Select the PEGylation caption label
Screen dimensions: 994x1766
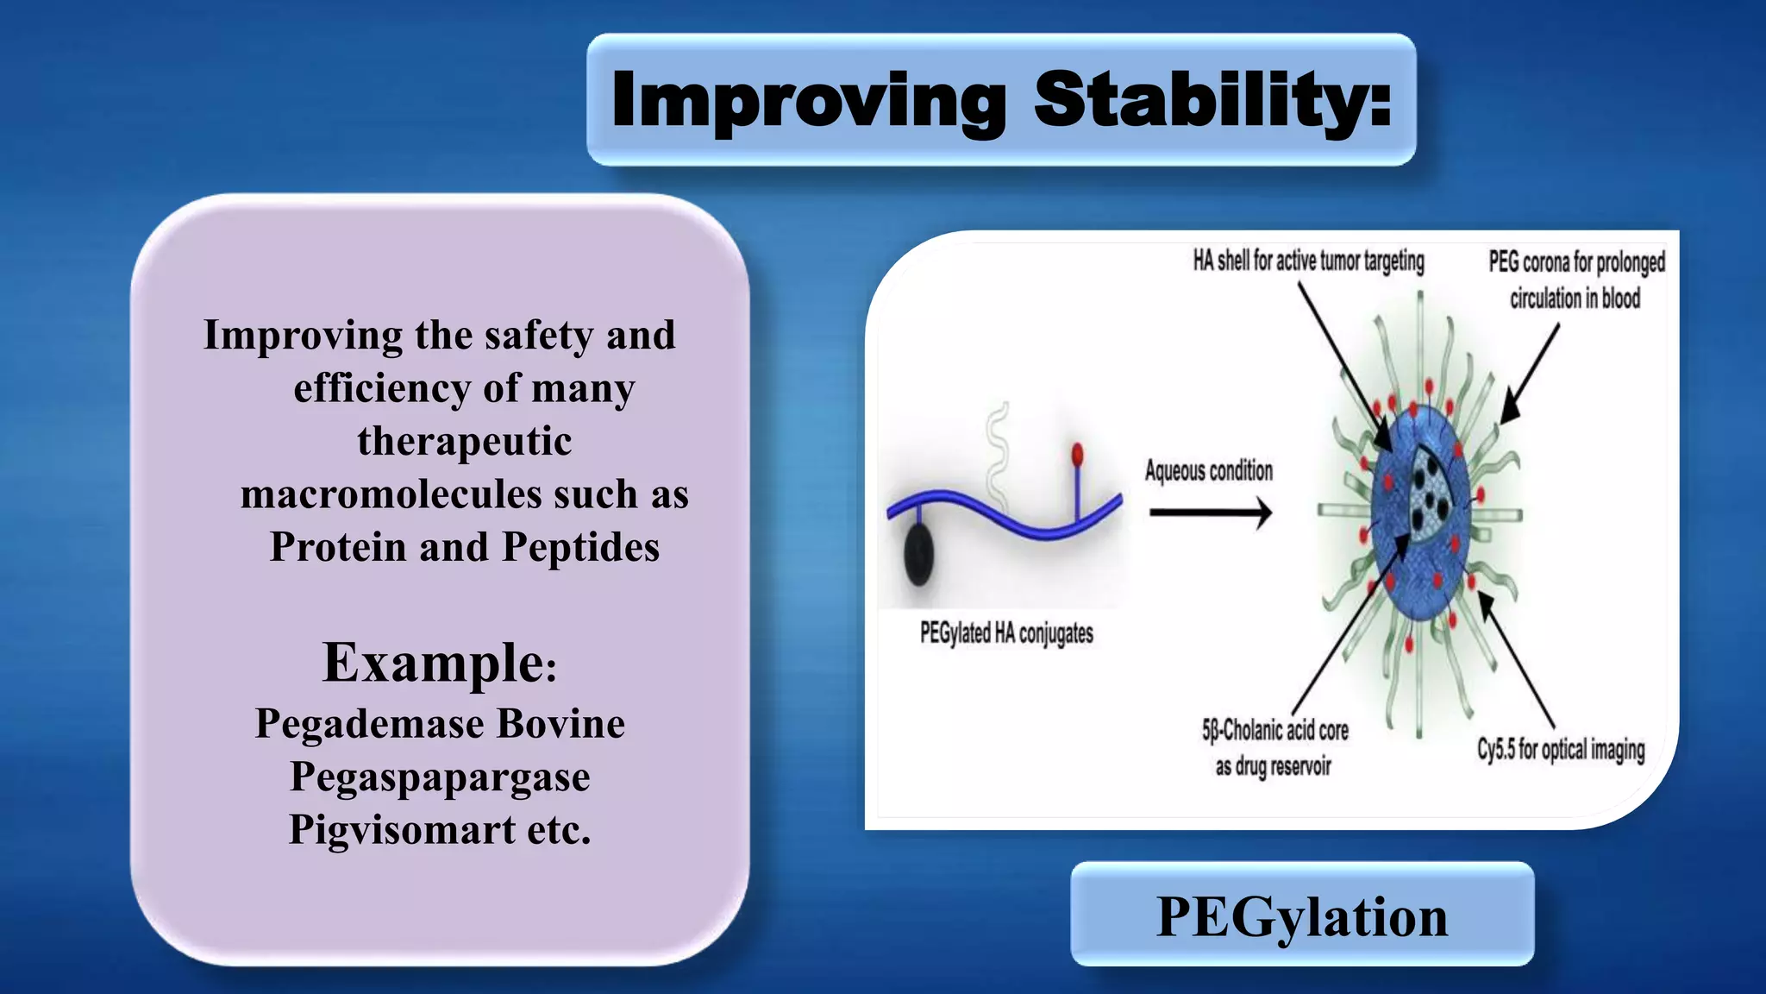[x=1302, y=915]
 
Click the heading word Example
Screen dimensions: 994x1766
[x=433, y=663]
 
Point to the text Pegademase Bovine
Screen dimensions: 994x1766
[x=440, y=723]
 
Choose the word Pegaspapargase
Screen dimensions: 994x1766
[x=440, y=777]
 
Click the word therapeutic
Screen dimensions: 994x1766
[x=464, y=441]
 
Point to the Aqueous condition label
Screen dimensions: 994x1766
[x=1208, y=471]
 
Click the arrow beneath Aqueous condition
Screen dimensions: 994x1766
[x=1210, y=513]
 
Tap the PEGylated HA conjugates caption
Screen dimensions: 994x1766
[x=1006, y=633]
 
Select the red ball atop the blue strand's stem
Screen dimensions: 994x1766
[x=1077, y=453]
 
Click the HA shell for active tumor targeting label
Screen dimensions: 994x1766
[x=1308, y=261]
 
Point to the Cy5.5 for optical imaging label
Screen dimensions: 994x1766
[x=1560, y=749]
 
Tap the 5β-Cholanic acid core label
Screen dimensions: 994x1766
[x=1274, y=731]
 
